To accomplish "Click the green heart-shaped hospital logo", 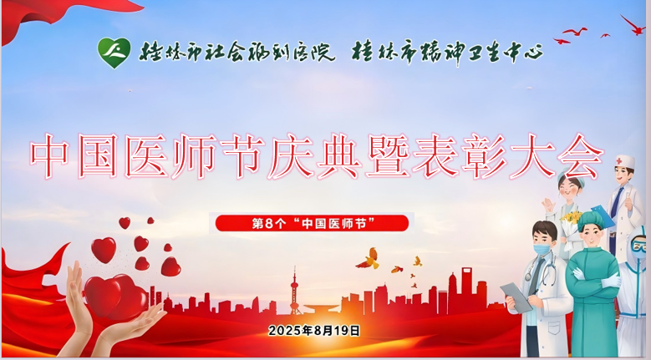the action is click(114, 53).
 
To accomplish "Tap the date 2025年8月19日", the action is click(314, 331).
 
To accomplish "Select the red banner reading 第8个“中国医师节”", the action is click(312, 224).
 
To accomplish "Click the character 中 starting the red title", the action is click(49, 156).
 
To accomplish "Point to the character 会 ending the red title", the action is click(580, 156).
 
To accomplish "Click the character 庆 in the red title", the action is click(290, 156).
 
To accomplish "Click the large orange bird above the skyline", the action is click(368, 258).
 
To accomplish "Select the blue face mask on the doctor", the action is click(542, 249).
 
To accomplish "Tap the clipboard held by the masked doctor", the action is click(516, 297).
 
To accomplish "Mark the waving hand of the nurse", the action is click(550, 205).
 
